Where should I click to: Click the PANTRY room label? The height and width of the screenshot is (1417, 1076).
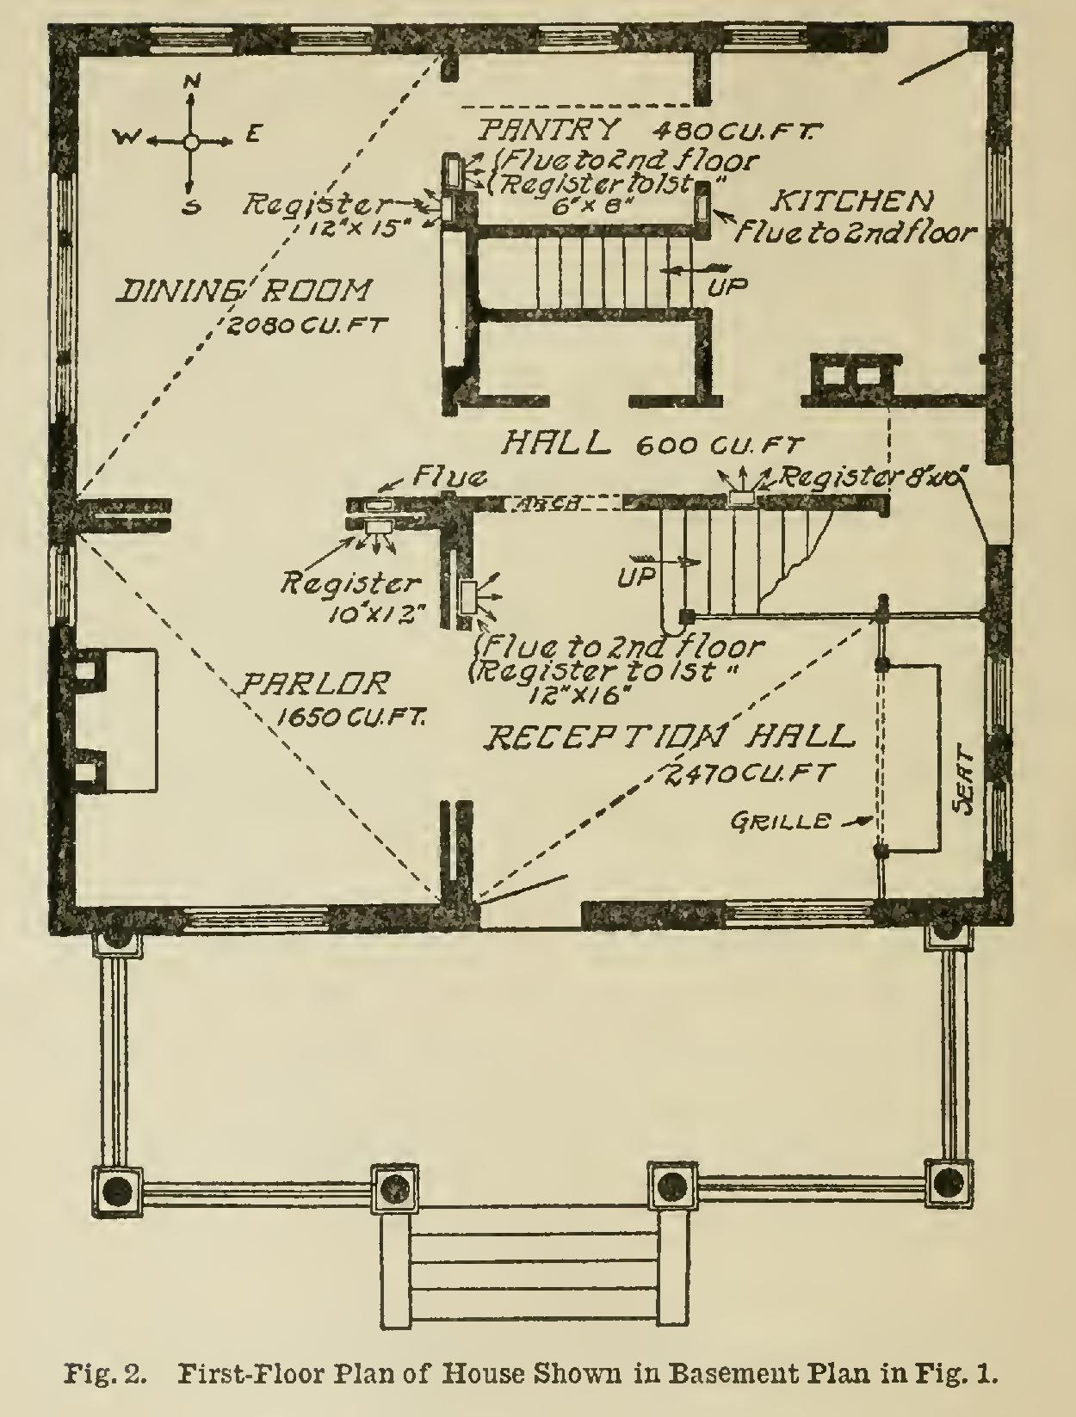tap(549, 130)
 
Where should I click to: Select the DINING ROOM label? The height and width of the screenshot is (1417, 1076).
tap(245, 292)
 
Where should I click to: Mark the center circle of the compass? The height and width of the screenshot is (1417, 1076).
tap(192, 140)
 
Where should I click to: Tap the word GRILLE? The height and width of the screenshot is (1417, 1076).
tap(781, 822)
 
